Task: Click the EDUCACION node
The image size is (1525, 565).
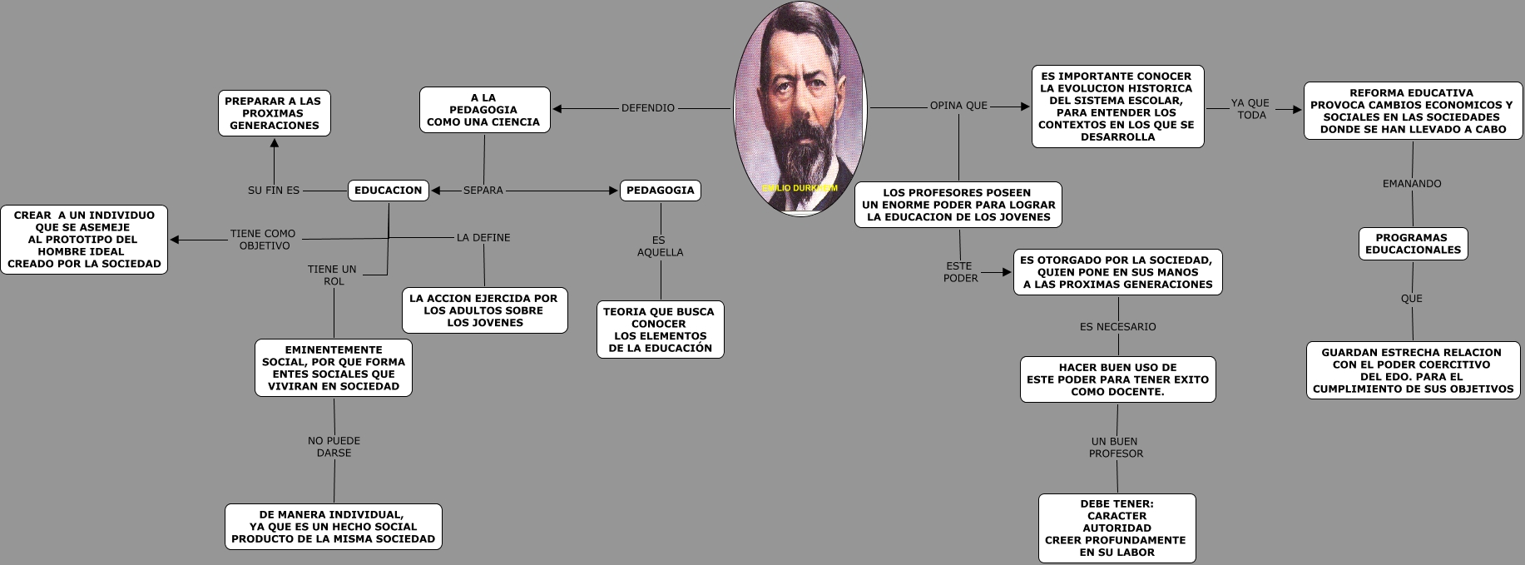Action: tap(388, 191)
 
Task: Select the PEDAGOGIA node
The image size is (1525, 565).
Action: tap(660, 191)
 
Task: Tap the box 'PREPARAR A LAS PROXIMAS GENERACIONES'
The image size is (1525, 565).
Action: tap(274, 113)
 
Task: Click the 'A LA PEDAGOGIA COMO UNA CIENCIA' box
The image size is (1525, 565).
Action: tap(484, 110)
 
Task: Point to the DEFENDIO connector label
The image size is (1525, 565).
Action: tap(648, 108)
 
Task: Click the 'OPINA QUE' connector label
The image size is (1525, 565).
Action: tap(958, 106)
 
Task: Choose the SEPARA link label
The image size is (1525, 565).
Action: tap(483, 191)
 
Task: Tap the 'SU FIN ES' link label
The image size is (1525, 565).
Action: tap(274, 191)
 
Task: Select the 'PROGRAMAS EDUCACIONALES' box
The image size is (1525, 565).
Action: tap(1413, 244)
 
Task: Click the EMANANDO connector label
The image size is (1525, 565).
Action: tap(1412, 184)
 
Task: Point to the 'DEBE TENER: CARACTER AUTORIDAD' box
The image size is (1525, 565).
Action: tap(1117, 528)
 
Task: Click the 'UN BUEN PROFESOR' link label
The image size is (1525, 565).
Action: tap(1116, 448)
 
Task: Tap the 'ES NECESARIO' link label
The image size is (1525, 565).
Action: tap(1117, 327)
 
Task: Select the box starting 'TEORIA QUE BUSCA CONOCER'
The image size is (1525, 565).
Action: tap(660, 330)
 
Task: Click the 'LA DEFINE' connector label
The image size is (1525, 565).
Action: tap(483, 238)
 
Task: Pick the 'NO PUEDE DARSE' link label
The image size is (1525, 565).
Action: tap(334, 447)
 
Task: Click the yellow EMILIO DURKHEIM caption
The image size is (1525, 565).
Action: tap(800, 189)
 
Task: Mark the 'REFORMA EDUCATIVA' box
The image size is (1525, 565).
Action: tap(1412, 112)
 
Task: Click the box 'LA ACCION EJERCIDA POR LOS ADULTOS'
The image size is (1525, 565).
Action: tap(484, 310)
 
